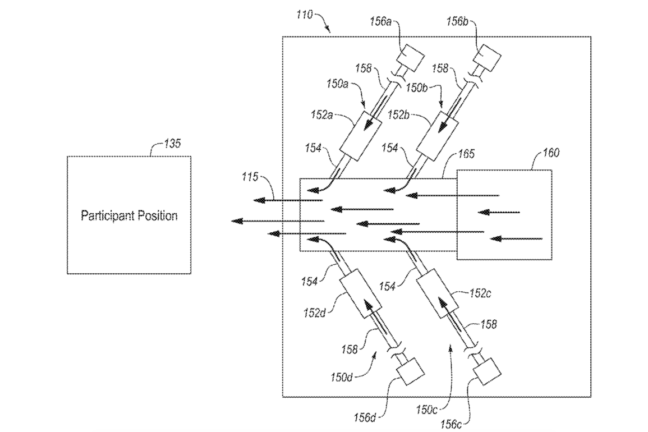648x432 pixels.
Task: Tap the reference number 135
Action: [172, 144]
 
